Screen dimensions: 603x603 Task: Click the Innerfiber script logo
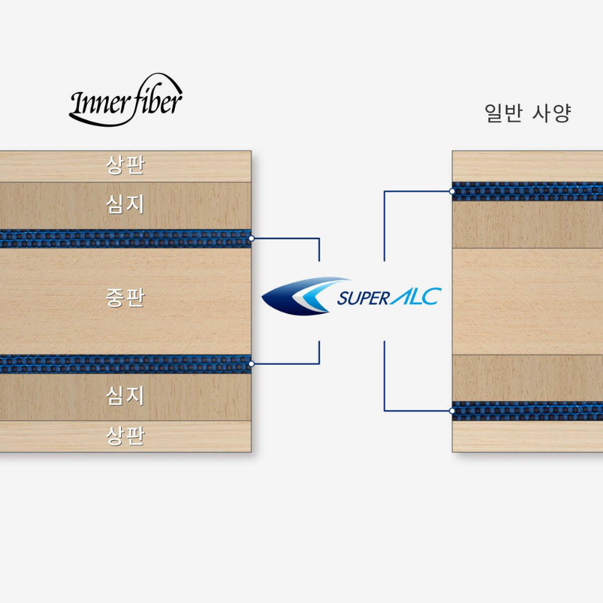[126, 99]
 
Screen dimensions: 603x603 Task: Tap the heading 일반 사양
[528, 113]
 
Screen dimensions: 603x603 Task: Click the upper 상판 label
[125, 165]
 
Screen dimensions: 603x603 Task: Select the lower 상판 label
[125, 436]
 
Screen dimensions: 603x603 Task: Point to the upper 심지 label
[125, 204]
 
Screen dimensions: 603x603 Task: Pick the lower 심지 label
[125, 396]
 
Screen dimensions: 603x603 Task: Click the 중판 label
[125, 298]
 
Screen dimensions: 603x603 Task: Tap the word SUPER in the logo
[364, 298]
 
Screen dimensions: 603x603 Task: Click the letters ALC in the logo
[415, 297]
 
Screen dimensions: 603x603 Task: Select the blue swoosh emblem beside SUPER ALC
[306, 296]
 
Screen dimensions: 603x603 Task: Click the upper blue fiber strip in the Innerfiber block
[126, 239]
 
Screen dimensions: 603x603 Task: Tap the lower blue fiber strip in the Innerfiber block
[126, 364]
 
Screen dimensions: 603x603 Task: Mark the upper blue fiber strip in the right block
[528, 192]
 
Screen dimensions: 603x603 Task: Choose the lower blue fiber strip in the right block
[528, 411]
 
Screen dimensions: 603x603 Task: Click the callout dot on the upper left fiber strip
[251, 238]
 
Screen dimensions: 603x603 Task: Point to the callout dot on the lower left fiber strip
[251, 364]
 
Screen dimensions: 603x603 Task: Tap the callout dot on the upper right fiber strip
[452, 191]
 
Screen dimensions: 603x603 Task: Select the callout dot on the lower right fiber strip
[452, 411]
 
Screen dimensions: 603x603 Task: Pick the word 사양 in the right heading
[552, 113]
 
